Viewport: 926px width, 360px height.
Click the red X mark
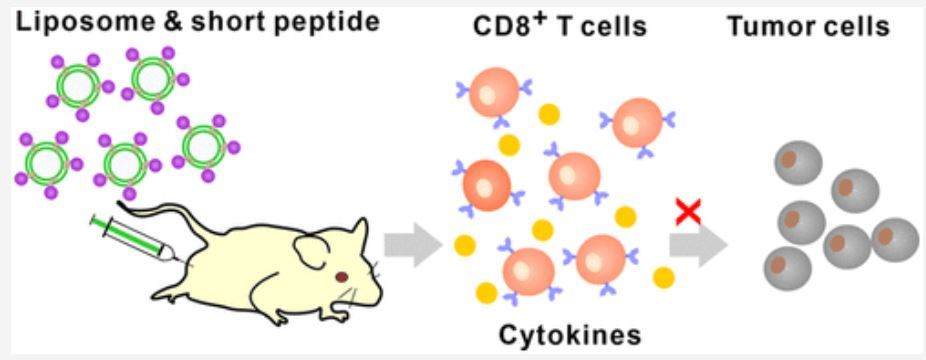click(x=689, y=211)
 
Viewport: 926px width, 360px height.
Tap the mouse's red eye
click(x=343, y=275)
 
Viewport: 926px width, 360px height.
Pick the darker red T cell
click(x=488, y=183)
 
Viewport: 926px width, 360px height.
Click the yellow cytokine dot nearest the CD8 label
click(x=548, y=114)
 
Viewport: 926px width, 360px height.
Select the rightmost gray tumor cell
click(x=896, y=239)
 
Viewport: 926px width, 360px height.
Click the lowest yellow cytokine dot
click(x=487, y=293)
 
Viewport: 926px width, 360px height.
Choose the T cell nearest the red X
click(x=637, y=122)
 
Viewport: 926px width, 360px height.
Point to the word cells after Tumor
click(x=851, y=25)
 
